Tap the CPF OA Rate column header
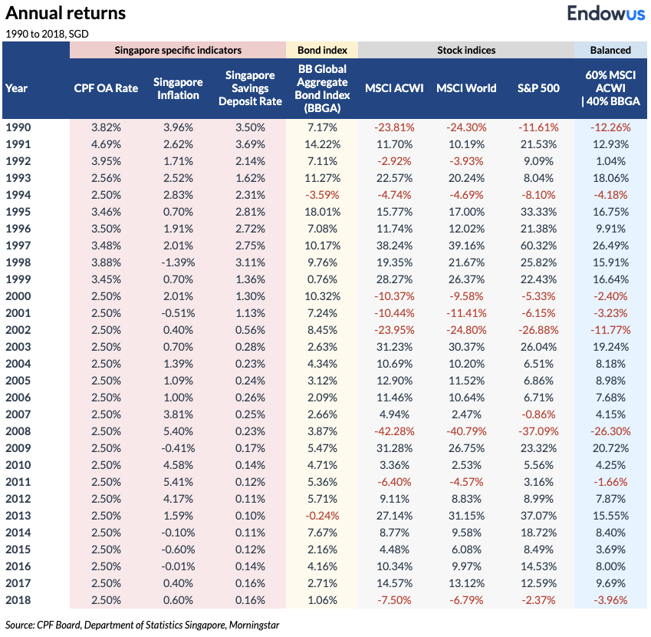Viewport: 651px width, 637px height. click(x=106, y=88)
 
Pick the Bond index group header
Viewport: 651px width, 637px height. click(x=322, y=50)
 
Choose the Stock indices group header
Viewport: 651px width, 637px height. click(x=466, y=50)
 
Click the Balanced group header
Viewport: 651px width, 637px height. click(x=610, y=50)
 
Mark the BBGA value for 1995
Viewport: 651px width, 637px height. click(x=322, y=211)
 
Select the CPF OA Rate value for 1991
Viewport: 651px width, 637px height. click(x=106, y=144)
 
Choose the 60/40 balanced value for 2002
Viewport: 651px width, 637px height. click(x=610, y=328)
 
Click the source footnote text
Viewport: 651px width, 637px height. click(x=142, y=625)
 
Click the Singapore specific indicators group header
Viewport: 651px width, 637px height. click(x=178, y=50)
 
